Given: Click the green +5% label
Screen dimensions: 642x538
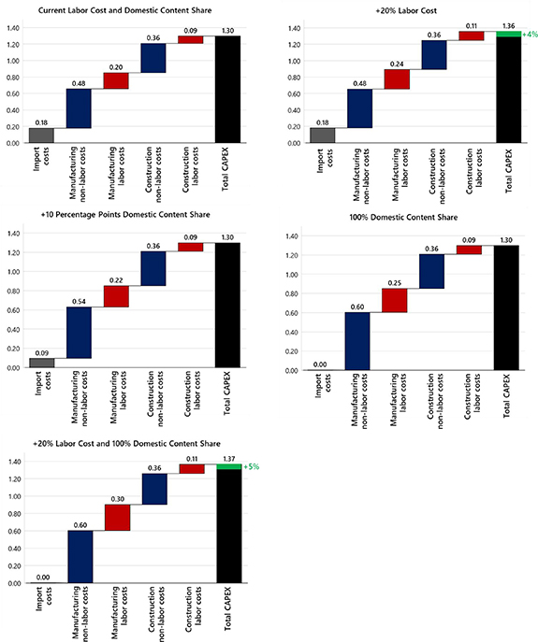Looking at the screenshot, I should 250,465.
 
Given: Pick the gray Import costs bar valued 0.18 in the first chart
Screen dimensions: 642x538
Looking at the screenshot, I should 41,136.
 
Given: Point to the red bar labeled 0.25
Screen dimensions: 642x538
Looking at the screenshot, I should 394,300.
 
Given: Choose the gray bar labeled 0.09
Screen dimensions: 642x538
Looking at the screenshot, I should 41,363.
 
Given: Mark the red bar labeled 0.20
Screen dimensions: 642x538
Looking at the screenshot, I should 116,81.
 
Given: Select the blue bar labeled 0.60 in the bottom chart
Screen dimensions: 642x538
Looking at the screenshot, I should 80,556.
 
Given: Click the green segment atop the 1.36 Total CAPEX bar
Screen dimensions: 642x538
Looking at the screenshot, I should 507,35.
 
